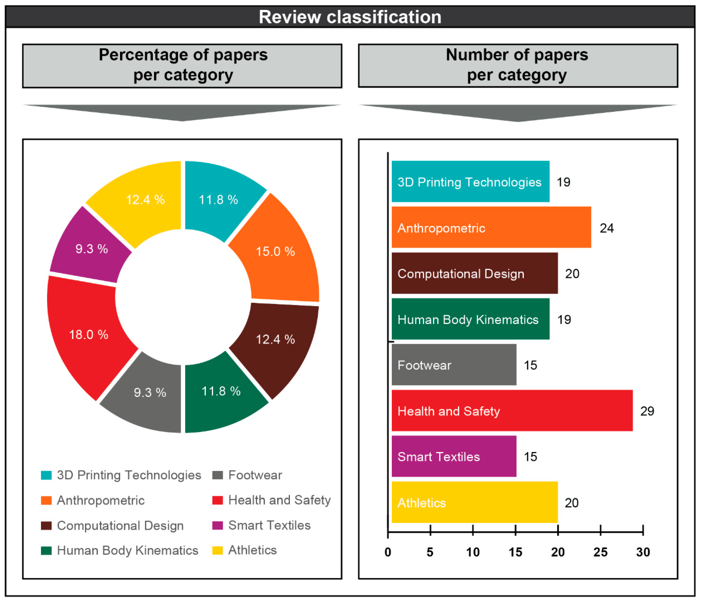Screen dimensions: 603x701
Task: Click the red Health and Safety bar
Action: click(x=512, y=410)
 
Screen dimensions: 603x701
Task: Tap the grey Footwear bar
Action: click(x=454, y=364)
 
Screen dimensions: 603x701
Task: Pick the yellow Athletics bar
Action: click(x=474, y=502)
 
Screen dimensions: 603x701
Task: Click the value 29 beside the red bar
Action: click(x=647, y=411)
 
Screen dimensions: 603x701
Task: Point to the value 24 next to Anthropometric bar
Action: click(x=607, y=228)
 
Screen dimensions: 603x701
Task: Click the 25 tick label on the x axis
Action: click(x=600, y=552)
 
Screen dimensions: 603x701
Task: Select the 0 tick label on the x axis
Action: click(x=388, y=552)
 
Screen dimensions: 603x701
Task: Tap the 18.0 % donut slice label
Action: click(x=89, y=335)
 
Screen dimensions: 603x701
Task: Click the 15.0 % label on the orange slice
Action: click(x=275, y=251)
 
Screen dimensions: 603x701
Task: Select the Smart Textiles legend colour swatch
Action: click(x=217, y=525)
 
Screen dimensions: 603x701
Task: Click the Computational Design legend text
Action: click(x=120, y=525)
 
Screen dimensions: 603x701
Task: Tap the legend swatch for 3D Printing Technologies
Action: click(x=46, y=475)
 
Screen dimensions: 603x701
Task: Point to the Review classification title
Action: click(x=350, y=17)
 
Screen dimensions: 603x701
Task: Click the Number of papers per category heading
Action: click(x=517, y=65)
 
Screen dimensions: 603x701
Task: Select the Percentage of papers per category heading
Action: click(x=183, y=65)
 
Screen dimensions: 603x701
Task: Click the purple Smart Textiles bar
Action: click(x=454, y=456)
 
